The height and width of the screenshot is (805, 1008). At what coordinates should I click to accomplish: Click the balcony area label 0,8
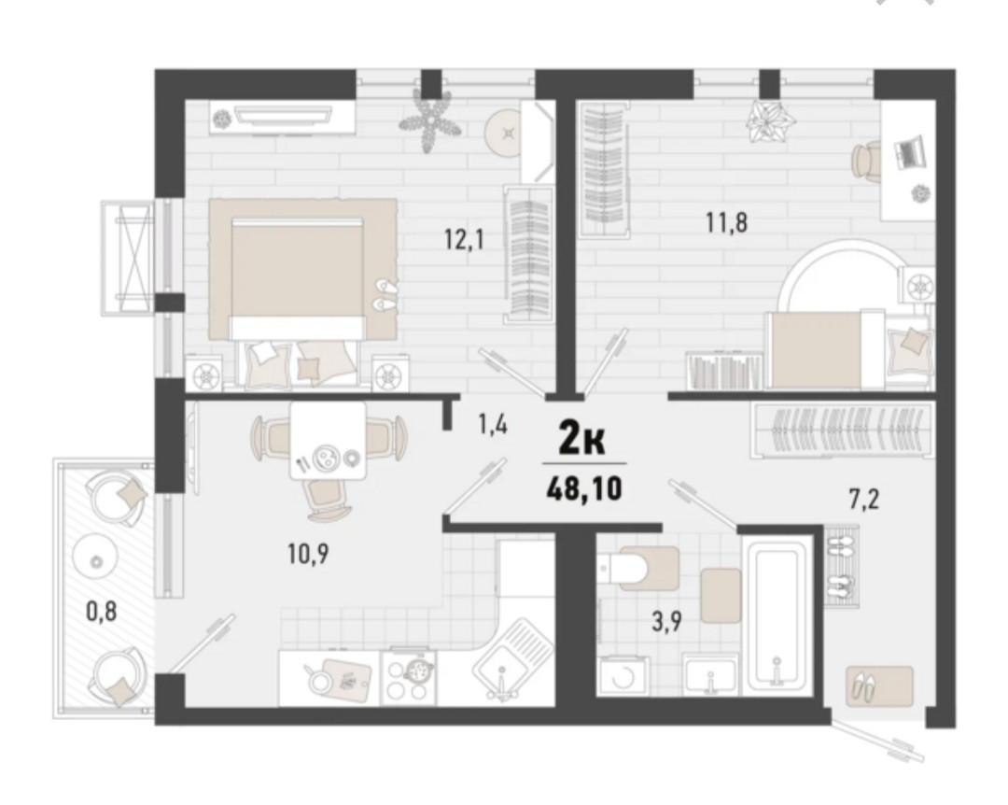(x=101, y=614)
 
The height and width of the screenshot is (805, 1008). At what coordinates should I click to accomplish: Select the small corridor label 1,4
(x=492, y=425)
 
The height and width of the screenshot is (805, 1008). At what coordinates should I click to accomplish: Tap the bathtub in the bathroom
(x=777, y=616)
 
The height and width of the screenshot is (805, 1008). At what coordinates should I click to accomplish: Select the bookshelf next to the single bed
(x=724, y=370)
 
